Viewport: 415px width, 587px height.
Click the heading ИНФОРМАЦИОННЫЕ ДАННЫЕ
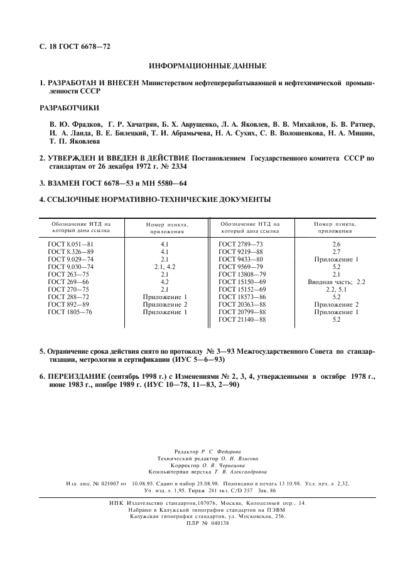[x=207, y=66]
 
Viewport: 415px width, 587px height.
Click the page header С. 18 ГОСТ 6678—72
[x=75, y=46]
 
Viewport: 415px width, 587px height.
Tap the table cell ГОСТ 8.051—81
[x=71, y=243]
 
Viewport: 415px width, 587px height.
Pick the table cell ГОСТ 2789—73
[x=241, y=243]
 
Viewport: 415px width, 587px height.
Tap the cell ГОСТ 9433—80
[x=241, y=258]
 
